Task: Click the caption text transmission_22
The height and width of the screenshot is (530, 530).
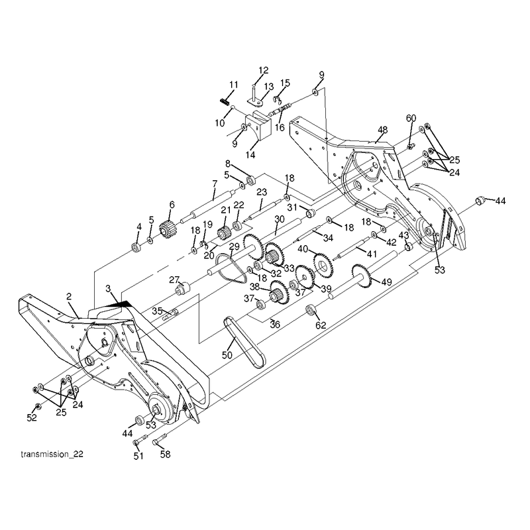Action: [x=52, y=454]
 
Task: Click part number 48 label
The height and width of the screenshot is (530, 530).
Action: [x=383, y=130]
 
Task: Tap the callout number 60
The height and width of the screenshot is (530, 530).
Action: [x=411, y=119]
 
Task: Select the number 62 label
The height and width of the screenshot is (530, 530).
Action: [x=321, y=325]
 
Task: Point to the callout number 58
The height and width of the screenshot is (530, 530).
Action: [x=165, y=454]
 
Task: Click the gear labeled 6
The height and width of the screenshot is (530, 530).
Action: [x=166, y=229]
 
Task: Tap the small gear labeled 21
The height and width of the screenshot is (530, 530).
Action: [x=223, y=233]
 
